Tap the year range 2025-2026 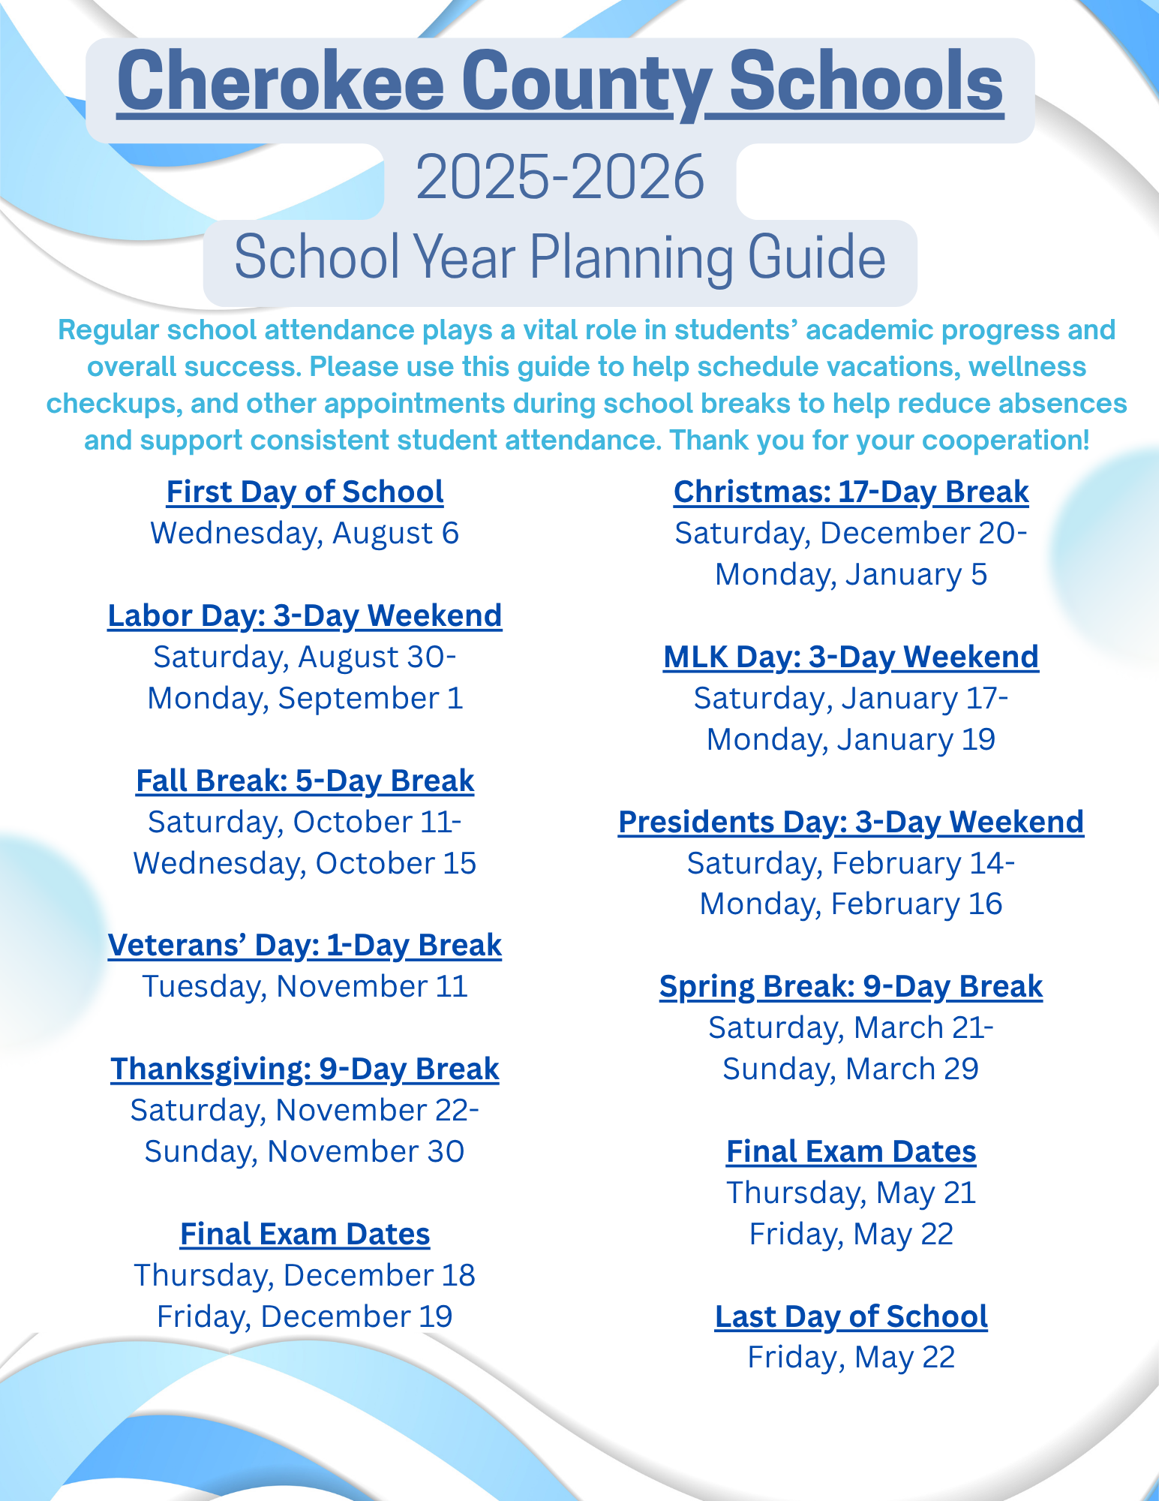[x=560, y=178]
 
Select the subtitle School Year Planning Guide [x=560, y=258]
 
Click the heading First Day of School [x=305, y=492]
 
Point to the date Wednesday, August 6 [x=305, y=534]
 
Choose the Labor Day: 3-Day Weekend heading [x=305, y=615]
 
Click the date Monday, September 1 [x=305, y=699]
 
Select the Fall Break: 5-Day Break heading [x=305, y=781]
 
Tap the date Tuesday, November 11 [x=305, y=987]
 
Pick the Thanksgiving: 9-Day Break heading [x=305, y=1069]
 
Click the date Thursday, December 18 [x=305, y=1276]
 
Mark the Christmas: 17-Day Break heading [x=851, y=492]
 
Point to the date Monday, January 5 [x=851, y=575]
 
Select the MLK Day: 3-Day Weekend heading [x=851, y=657]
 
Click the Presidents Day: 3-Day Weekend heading [x=851, y=823]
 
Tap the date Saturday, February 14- [x=851, y=864]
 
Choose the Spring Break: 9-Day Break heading [x=851, y=987]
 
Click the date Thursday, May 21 [x=851, y=1193]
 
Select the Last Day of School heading [x=851, y=1317]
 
